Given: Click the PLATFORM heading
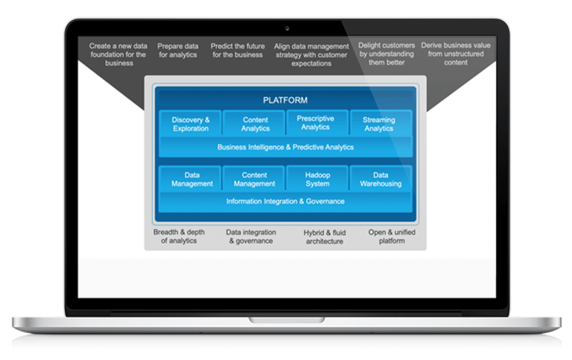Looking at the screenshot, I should click(x=285, y=100).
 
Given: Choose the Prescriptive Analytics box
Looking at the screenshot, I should click(x=316, y=123).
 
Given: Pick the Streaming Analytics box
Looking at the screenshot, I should click(x=379, y=124).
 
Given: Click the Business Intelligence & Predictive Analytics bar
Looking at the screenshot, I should click(x=285, y=147).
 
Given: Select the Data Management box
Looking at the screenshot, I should click(x=191, y=179).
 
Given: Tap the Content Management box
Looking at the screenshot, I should click(x=255, y=179).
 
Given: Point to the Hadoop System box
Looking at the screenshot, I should click(x=317, y=179).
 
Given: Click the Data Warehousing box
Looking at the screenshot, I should click(x=381, y=179).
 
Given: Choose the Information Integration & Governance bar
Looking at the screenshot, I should click(x=285, y=201).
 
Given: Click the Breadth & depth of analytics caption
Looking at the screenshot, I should click(x=179, y=236).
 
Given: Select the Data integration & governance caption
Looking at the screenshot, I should click(x=250, y=236).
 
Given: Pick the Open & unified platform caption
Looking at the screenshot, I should click(x=392, y=236).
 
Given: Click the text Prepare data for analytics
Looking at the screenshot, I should click(x=178, y=50).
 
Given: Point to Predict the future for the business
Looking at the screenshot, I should click(x=237, y=50).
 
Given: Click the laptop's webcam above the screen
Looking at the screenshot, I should click(x=286, y=28).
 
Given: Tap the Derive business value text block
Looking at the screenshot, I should click(x=455, y=54).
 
